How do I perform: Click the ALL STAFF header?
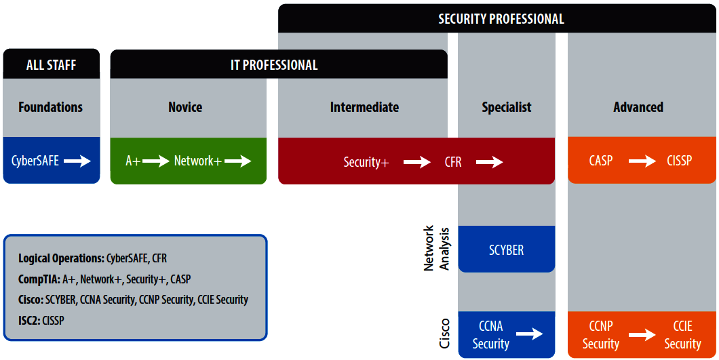[x=51, y=66]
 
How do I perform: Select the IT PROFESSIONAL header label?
[x=273, y=66]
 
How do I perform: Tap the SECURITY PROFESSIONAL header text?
[x=501, y=19]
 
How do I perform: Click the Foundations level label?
[x=50, y=107]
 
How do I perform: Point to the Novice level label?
[x=185, y=107]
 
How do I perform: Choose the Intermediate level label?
[x=364, y=107]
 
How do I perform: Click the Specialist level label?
[x=507, y=107]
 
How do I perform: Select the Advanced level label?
[x=638, y=107]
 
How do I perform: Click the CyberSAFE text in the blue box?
[x=35, y=161]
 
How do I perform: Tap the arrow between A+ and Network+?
[x=155, y=161]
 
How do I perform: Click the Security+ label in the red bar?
[x=366, y=162]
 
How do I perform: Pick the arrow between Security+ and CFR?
[x=417, y=162]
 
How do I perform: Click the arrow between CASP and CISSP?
[x=642, y=161]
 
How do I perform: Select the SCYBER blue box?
[x=507, y=249]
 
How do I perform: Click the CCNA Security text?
[x=490, y=335]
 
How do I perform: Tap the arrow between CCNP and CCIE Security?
[x=642, y=335]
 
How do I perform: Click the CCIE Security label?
[x=682, y=335]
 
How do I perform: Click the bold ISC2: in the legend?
[x=29, y=320]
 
